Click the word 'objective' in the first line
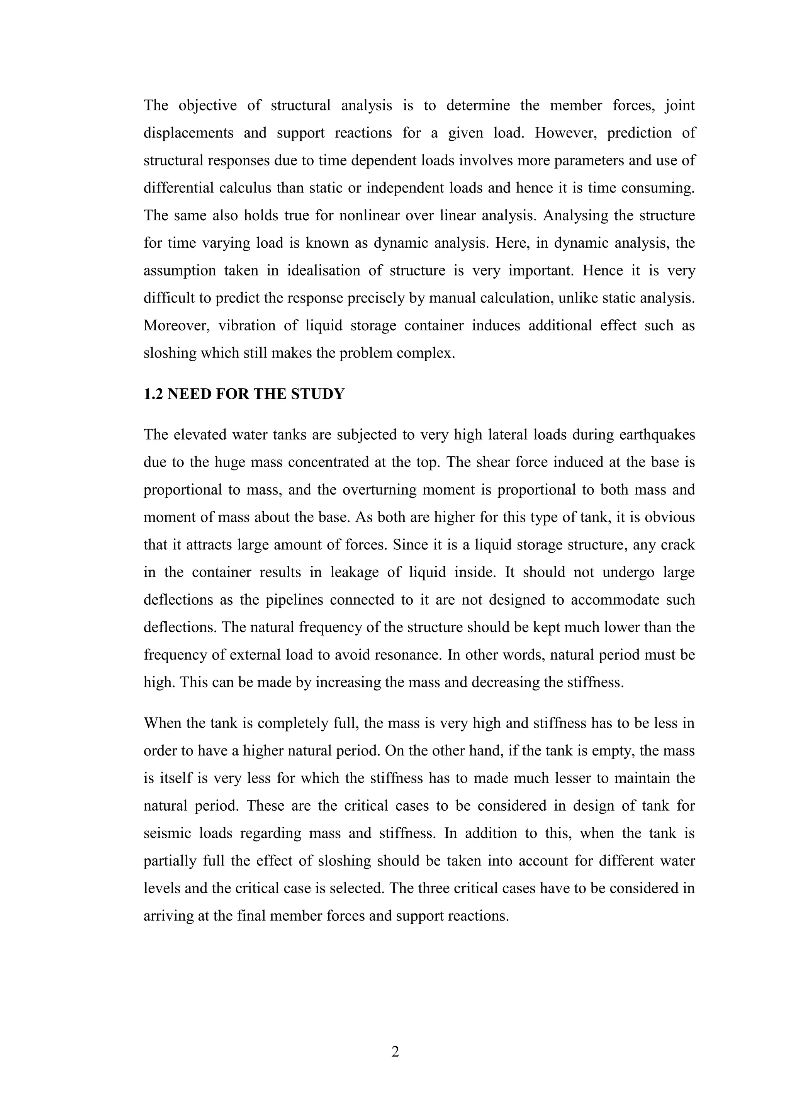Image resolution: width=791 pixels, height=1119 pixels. (207, 105)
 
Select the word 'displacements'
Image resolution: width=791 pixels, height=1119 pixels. (188, 133)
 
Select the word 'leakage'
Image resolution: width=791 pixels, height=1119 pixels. (354, 572)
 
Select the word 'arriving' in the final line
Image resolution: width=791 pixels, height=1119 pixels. (168, 916)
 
